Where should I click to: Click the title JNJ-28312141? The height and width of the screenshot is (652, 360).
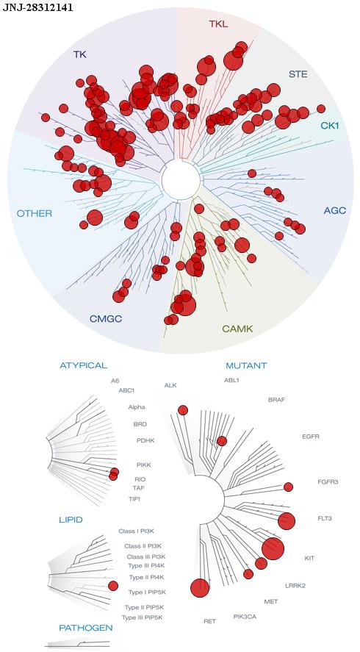[x=37, y=7]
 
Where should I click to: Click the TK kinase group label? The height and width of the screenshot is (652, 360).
[x=80, y=54]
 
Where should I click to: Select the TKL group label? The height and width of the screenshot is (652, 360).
[x=218, y=24]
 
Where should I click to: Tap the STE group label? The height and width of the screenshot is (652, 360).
[x=298, y=74]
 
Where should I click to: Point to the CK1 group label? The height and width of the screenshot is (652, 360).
[x=330, y=125]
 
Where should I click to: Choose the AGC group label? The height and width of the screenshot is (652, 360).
[x=334, y=211]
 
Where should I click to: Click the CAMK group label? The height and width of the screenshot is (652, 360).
[x=237, y=329]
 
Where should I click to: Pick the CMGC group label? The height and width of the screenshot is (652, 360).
[x=106, y=319]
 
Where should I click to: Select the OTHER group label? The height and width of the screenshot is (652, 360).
[x=35, y=214]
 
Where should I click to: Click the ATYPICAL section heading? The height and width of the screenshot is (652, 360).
[x=84, y=365]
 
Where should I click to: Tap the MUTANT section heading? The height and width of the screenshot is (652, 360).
[x=246, y=366]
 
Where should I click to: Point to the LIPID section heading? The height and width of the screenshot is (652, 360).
[x=71, y=520]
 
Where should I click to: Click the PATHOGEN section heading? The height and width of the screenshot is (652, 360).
[x=86, y=628]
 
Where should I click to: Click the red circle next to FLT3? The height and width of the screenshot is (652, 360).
[x=287, y=521]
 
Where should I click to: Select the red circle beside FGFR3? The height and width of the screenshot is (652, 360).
[x=288, y=487]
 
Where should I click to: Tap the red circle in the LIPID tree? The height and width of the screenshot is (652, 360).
[x=113, y=586]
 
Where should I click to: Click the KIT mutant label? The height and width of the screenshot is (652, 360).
[x=309, y=558]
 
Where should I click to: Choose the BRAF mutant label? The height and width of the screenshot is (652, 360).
[x=276, y=400]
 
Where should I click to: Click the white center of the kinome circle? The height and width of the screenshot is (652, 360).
[x=181, y=180]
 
